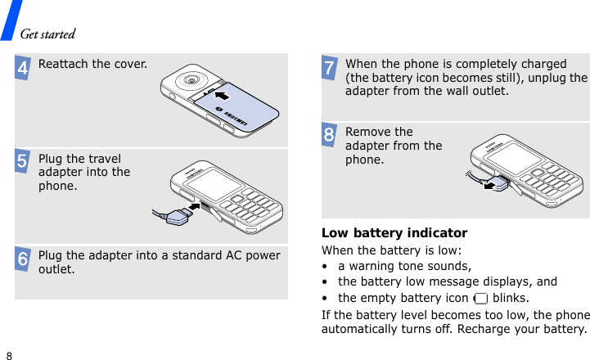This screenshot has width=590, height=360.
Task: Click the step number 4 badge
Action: click(23, 68)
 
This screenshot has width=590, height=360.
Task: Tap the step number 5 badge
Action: click(23, 162)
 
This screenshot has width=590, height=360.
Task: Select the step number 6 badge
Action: click(23, 260)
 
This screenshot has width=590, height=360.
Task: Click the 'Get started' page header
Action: click(47, 34)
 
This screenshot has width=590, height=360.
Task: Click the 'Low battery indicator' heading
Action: click(394, 233)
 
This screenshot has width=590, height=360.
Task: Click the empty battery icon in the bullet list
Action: click(481, 298)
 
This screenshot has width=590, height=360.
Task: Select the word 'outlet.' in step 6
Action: click(56, 269)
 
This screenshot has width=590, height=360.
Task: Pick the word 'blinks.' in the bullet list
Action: click(511, 298)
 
